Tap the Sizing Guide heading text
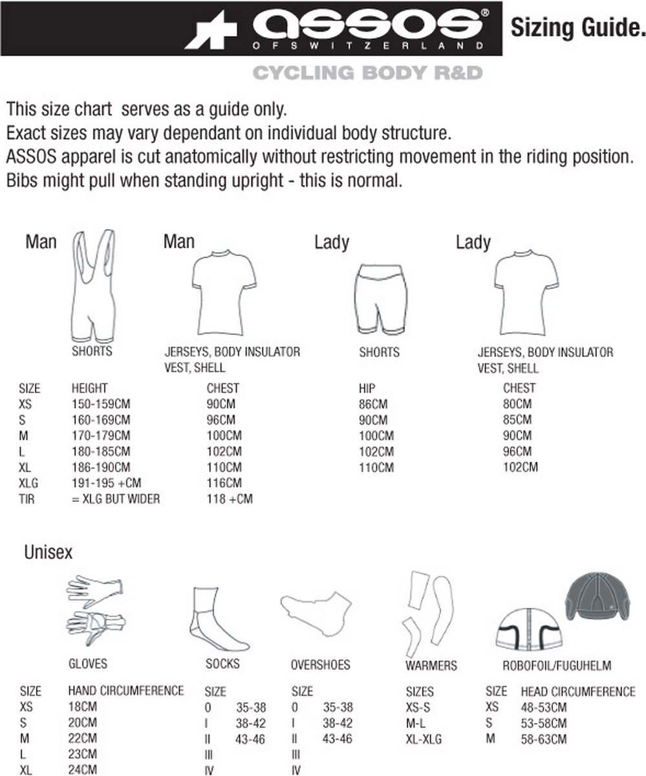pos(577,28)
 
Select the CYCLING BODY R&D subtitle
pos(367,72)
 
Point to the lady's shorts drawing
pos(380,298)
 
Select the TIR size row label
pos(27,499)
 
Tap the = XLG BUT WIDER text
pos(115,499)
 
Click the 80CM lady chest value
pos(517,404)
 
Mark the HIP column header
pos(367,388)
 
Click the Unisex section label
pos(48,552)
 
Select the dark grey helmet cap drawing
pos(598,598)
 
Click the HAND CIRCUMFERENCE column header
pos(126,691)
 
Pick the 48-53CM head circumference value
pos(544,707)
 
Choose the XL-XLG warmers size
pos(424,738)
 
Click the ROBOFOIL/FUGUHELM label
pos(557,665)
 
